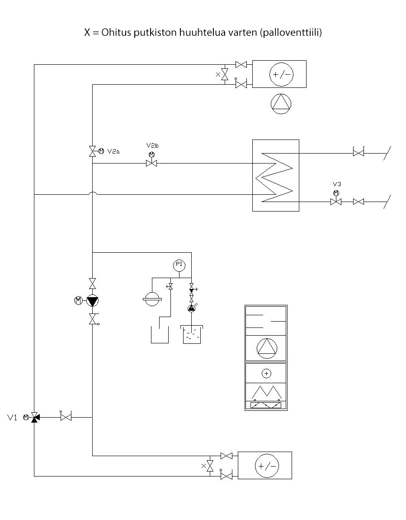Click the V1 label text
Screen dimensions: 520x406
pyautogui.click(x=12, y=417)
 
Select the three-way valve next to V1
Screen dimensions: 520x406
pyautogui.click(x=34, y=417)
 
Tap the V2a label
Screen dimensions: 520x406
pyautogui.click(x=113, y=151)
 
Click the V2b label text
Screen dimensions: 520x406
pyautogui.click(x=152, y=145)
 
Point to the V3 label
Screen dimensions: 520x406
pyautogui.click(x=336, y=184)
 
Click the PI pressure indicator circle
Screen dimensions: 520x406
pyautogui.click(x=179, y=264)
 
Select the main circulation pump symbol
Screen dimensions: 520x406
pyautogui.click(x=93, y=300)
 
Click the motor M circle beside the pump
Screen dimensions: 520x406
pyautogui.click(x=78, y=300)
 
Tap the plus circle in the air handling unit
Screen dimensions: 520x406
pyautogui.click(x=266, y=373)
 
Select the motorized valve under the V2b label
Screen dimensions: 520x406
pyautogui.click(x=151, y=164)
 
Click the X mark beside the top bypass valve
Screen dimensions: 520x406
pyautogui.click(x=217, y=74)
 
